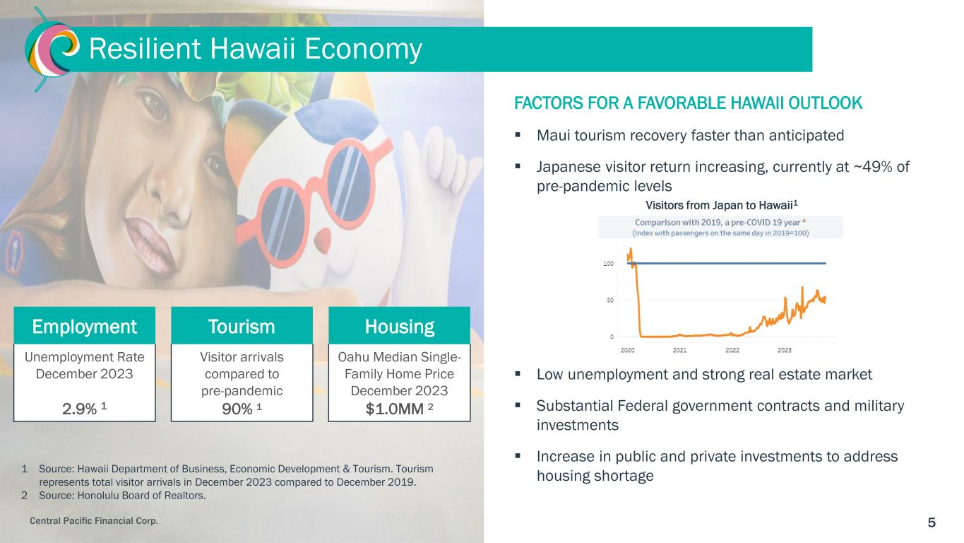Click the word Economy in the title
363,49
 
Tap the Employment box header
84,326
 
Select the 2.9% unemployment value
80,409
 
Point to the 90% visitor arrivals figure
237,409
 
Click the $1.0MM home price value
395,409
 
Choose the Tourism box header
242,326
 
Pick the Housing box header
400,326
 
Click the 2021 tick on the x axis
679,351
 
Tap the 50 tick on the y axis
610,300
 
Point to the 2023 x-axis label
785,351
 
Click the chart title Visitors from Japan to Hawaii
722,205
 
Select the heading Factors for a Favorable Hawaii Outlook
688,103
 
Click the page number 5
932,522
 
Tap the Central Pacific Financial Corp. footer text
94,520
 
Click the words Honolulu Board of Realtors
141,496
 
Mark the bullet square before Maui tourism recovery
518,135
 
